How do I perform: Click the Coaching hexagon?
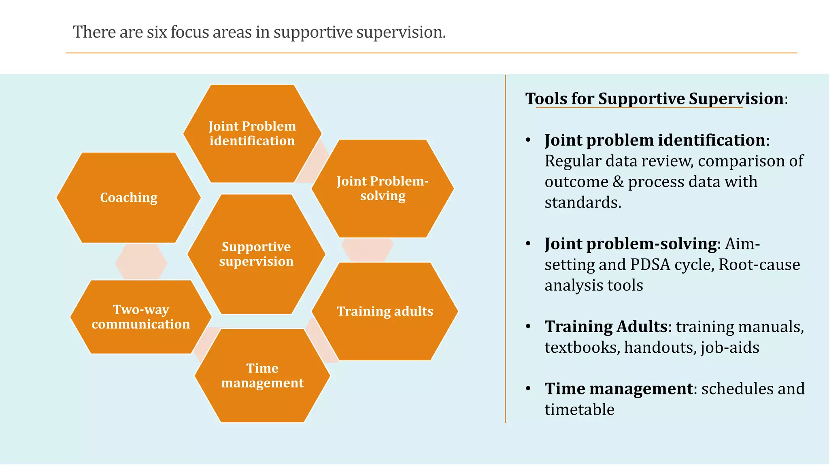click(x=129, y=198)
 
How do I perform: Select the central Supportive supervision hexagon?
click(x=256, y=254)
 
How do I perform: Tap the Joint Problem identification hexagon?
click(x=252, y=133)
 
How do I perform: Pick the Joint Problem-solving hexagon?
click(x=383, y=189)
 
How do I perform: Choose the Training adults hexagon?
click(x=385, y=311)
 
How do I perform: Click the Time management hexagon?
click(x=262, y=375)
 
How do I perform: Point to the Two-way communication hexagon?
click(x=140, y=317)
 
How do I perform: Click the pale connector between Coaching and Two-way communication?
click(x=141, y=262)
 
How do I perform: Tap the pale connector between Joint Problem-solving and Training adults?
click(x=367, y=250)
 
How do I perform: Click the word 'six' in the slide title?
click(x=157, y=32)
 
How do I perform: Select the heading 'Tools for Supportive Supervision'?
click(x=655, y=99)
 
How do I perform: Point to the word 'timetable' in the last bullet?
click(x=579, y=409)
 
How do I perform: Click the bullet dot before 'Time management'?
click(x=528, y=389)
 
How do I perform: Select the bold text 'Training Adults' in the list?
click(x=606, y=326)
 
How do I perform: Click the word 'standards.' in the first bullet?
click(x=582, y=202)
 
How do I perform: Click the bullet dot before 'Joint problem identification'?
click(x=528, y=140)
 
